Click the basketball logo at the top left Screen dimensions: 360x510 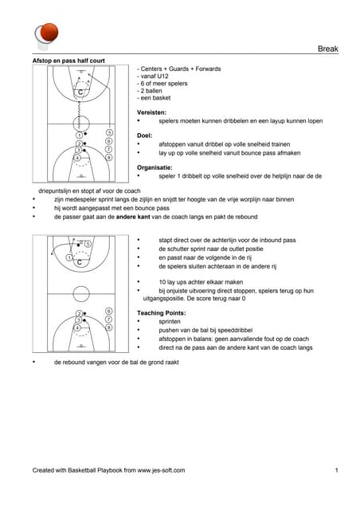[x=46, y=35]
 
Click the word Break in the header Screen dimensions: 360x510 [x=328, y=49]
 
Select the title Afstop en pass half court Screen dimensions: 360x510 [x=68, y=61]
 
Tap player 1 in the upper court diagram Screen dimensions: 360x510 [x=79, y=135]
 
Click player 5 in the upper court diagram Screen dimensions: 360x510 [x=109, y=133]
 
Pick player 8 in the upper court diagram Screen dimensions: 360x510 [x=109, y=158]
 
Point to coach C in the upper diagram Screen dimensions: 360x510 [x=80, y=92]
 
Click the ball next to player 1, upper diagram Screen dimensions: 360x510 [x=85, y=134]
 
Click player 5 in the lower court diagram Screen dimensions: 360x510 [x=88, y=244]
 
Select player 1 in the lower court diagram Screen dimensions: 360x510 [x=69, y=257]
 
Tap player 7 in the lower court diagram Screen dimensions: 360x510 [x=109, y=320]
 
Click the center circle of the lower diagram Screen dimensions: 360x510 [x=81, y=286]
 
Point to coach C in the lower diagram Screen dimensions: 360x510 [x=80, y=262]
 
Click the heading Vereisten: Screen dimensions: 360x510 [x=151, y=112]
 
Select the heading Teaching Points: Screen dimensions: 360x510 [x=162, y=313]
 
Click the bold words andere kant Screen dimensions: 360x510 [x=130, y=217]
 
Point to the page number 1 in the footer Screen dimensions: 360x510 [x=337, y=470]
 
